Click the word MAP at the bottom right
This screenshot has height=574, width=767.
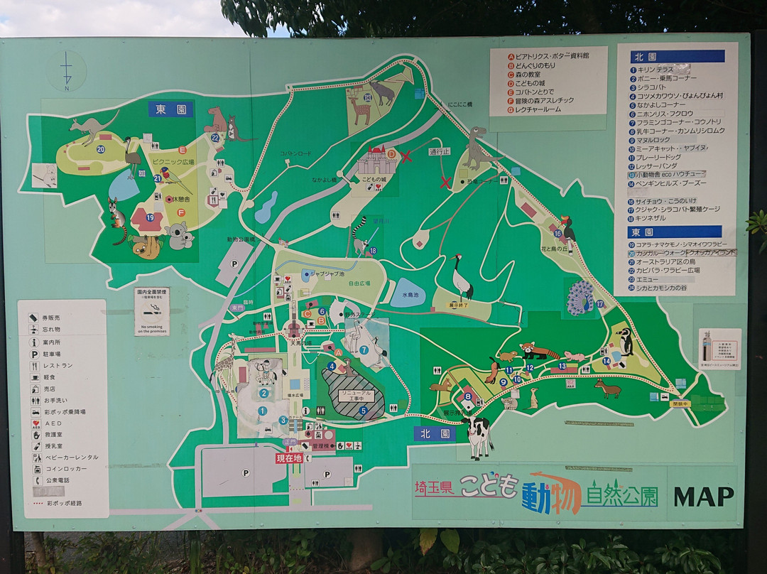(x=704, y=497)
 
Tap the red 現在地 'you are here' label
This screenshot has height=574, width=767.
(x=289, y=458)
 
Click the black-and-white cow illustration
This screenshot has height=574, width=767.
(x=478, y=435)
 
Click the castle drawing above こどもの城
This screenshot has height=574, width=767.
(x=376, y=161)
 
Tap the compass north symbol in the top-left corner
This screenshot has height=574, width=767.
(x=67, y=71)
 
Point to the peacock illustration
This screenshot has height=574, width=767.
(x=580, y=298)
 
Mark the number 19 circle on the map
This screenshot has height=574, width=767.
(x=150, y=217)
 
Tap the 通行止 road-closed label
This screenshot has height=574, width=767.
(x=440, y=151)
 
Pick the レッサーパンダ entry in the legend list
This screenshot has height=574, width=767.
(x=658, y=166)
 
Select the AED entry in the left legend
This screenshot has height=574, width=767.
(x=53, y=423)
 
